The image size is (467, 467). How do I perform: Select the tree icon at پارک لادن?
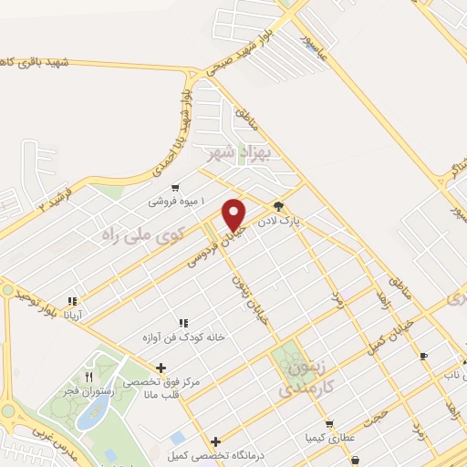[278, 206]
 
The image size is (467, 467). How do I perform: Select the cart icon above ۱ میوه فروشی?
[163, 184]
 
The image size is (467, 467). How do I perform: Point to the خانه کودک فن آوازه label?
[182, 337]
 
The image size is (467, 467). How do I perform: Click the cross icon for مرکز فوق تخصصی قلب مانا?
[161, 368]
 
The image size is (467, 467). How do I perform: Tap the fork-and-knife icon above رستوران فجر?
[88, 376]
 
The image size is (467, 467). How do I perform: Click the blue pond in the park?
[89, 415]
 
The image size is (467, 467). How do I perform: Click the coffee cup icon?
[422, 356]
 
